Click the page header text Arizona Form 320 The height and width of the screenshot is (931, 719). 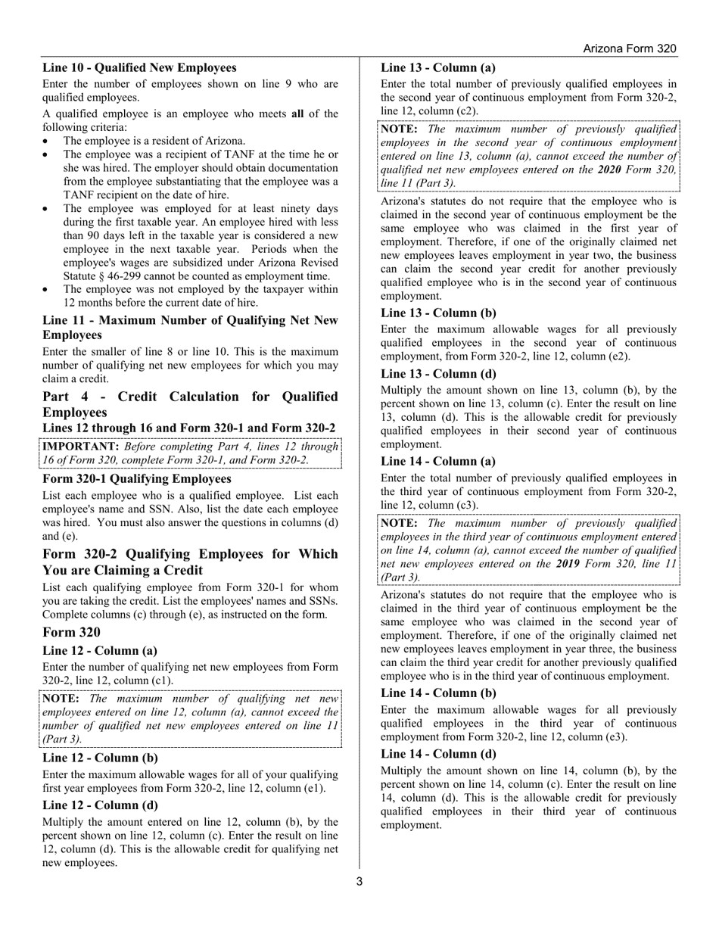(629, 48)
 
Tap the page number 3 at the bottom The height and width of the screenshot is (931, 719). (359, 881)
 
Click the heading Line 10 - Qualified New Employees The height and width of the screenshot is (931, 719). (139, 67)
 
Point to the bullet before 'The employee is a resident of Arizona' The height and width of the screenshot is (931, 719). (47, 142)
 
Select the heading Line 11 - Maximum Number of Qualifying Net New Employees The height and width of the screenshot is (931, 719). (190, 327)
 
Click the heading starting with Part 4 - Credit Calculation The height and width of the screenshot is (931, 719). (190, 404)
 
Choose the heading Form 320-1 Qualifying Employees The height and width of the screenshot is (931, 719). (137, 478)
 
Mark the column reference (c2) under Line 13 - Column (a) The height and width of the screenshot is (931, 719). (466, 111)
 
